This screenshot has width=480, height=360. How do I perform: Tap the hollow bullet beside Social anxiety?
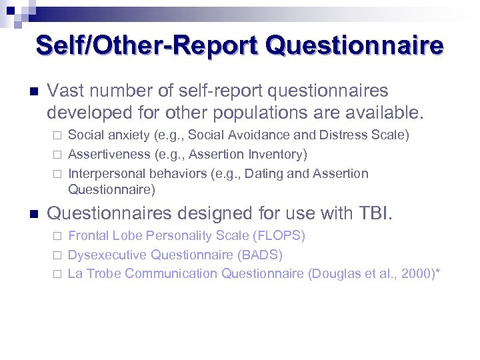57,135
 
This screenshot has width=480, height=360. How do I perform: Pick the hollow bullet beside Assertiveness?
57,155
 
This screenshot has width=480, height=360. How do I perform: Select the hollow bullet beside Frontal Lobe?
57,236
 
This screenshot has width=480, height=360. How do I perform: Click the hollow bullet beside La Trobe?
57,274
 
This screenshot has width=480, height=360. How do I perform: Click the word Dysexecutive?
108,255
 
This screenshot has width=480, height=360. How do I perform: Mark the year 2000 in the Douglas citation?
417,273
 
